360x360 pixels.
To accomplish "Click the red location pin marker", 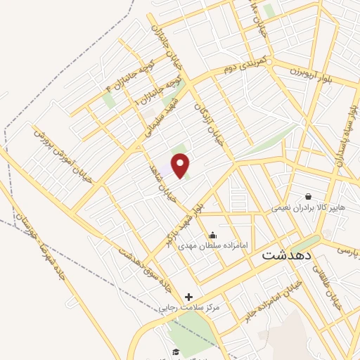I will point(181,166).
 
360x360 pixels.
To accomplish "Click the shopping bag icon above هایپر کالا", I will point(308,196).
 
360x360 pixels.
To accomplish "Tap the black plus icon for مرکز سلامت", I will point(188,297).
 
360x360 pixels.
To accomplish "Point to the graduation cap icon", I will point(175,352).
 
